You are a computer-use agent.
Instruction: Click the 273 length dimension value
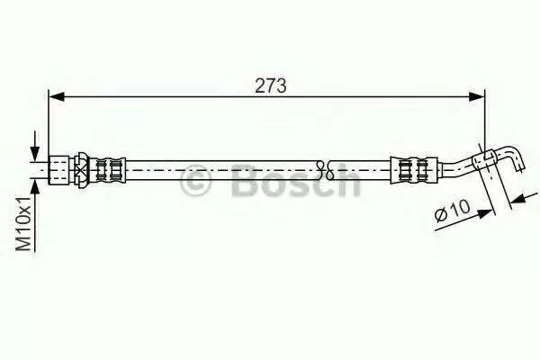point(270,85)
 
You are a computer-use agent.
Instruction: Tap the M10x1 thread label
point(24,223)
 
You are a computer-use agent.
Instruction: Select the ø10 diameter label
point(452,211)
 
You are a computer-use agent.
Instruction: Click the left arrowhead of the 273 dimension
point(57,97)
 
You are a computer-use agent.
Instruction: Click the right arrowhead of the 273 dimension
point(477,97)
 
